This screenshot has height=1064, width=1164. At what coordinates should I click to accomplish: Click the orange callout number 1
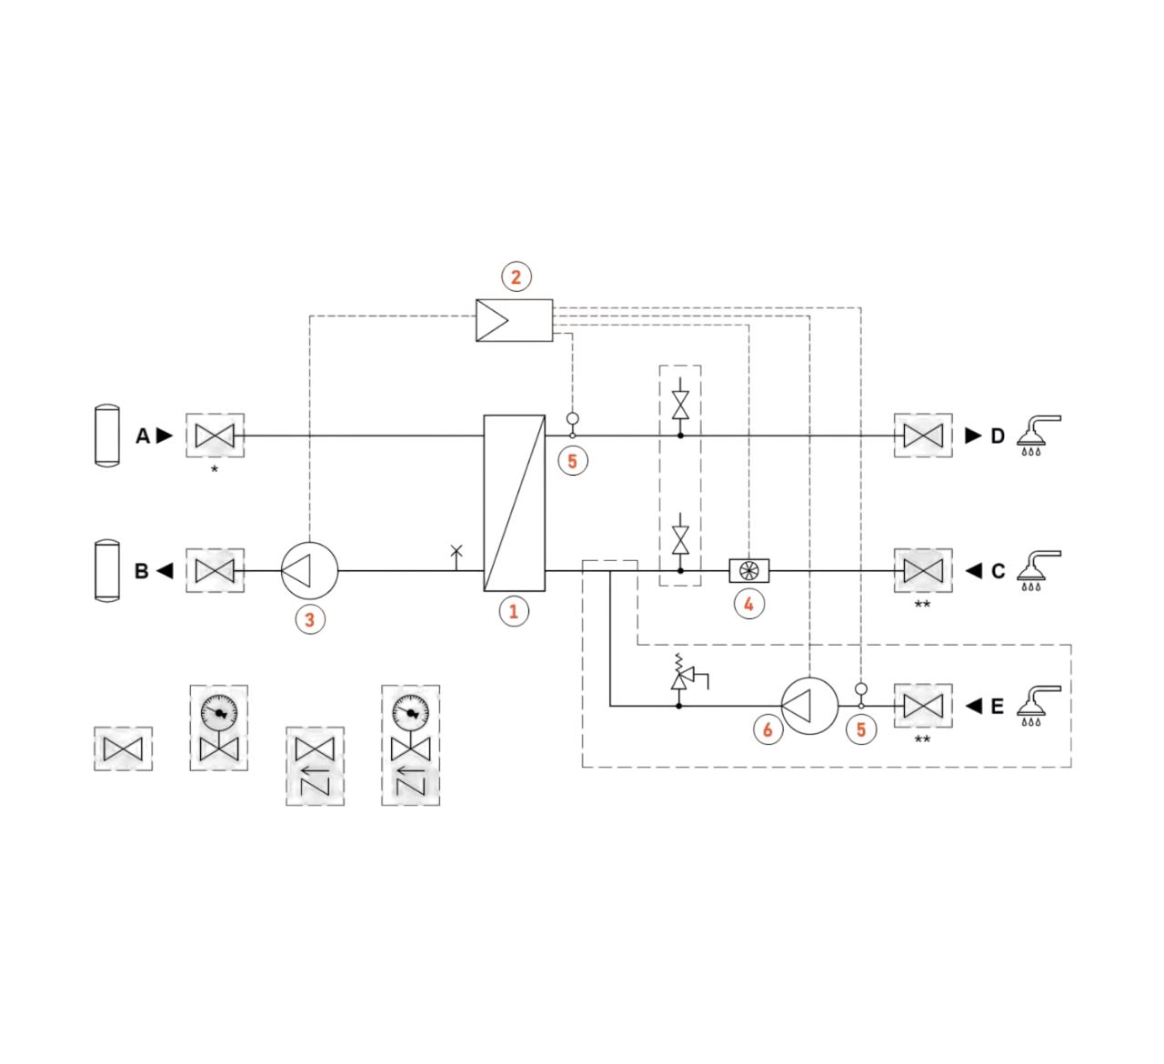(513, 611)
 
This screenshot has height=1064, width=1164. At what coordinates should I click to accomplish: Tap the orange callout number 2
(516, 276)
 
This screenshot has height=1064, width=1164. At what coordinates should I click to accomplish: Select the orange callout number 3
(310, 619)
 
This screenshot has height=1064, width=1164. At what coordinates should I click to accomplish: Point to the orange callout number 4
(748, 604)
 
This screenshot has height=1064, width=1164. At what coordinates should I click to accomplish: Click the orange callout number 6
(768, 729)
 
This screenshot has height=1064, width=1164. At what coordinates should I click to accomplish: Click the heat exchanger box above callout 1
(514, 503)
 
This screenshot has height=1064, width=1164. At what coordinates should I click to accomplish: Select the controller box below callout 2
(514, 320)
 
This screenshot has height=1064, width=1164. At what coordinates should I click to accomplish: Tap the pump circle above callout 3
(309, 570)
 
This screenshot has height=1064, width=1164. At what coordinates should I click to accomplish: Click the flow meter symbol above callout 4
(749, 570)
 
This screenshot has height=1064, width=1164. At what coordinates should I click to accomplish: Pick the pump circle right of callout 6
(809, 706)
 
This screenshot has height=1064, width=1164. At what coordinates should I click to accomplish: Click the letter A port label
(143, 437)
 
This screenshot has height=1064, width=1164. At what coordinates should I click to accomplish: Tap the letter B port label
(142, 571)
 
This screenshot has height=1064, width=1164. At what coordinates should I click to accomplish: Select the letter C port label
(998, 571)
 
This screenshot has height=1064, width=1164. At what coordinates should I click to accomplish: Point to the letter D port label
(998, 437)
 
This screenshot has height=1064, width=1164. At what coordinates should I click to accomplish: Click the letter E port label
(998, 707)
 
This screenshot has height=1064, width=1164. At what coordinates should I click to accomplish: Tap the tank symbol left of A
(107, 436)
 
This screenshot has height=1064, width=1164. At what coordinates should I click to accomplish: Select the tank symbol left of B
(107, 570)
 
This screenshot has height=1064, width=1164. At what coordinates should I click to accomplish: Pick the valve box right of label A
(215, 436)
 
